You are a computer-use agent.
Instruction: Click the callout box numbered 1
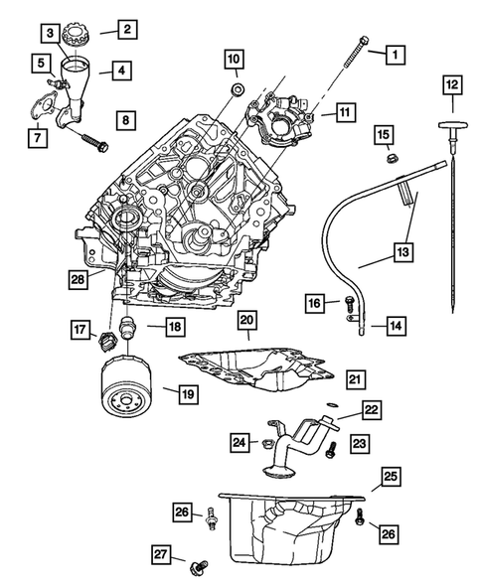(395, 53)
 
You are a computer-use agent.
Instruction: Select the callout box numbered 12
(451, 84)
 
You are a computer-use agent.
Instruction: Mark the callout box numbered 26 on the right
(389, 532)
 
